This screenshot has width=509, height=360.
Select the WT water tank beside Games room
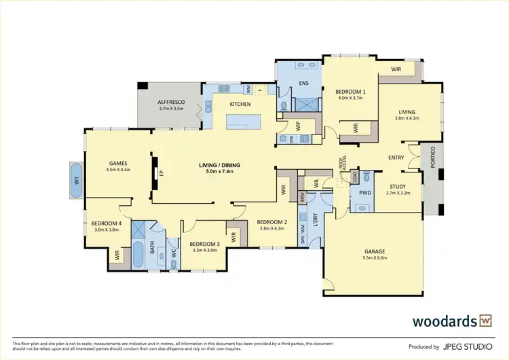pos(75,180)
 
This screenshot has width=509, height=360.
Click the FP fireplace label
pos(162,173)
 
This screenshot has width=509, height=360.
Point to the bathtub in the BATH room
pos(139,255)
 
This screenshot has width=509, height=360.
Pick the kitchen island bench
pos(246,122)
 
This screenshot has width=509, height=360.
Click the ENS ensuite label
pos(304,84)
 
